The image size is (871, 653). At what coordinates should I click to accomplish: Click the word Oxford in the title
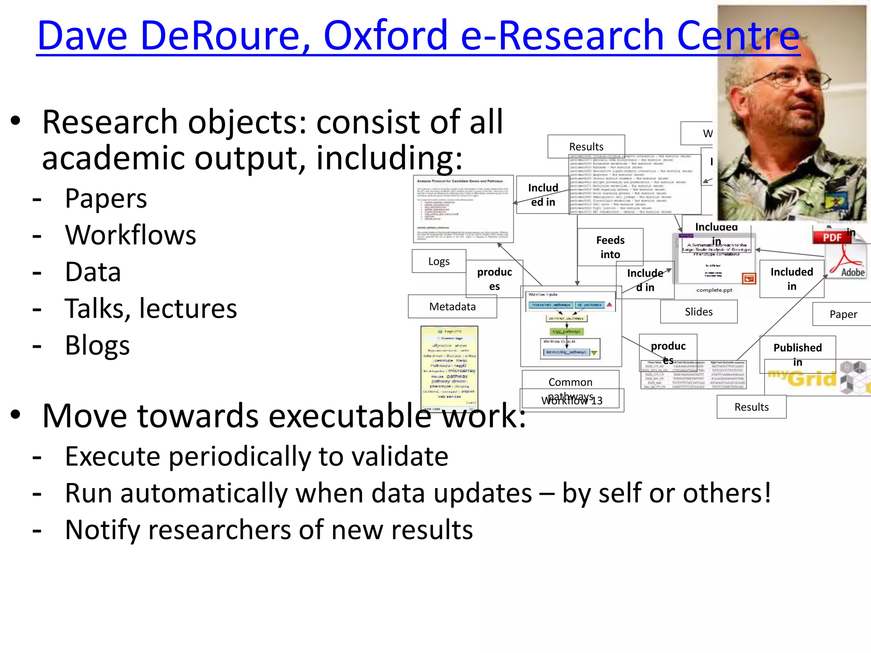(x=385, y=36)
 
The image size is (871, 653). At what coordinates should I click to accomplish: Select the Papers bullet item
(x=106, y=199)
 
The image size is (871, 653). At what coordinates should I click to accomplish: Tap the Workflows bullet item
(x=130, y=235)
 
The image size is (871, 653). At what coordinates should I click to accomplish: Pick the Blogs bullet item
(x=97, y=345)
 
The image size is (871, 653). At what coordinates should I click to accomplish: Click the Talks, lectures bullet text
(x=151, y=309)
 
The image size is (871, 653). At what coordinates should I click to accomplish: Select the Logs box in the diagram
(x=438, y=261)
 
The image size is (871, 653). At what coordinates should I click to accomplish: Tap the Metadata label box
(x=452, y=307)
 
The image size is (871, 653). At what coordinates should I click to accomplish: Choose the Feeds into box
(x=610, y=247)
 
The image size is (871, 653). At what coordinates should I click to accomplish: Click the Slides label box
(x=698, y=312)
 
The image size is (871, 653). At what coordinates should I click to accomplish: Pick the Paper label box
(x=843, y=314)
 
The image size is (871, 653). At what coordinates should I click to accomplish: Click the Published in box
(x=797, y=354)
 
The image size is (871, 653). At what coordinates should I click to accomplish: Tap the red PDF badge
(x=832, y=237)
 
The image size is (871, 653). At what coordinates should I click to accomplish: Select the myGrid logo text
(x=802, y=378)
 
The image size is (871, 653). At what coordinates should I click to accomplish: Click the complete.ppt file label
(x=714, y=290)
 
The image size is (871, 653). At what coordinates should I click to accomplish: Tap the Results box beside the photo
(x=586, y=147)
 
